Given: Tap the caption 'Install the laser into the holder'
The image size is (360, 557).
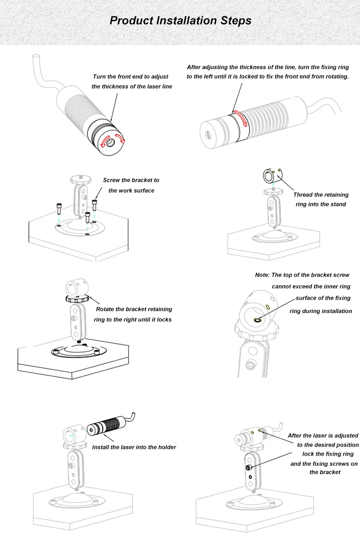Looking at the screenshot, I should point(134,447).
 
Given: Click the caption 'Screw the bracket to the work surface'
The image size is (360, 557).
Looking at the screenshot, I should point(131,185).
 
